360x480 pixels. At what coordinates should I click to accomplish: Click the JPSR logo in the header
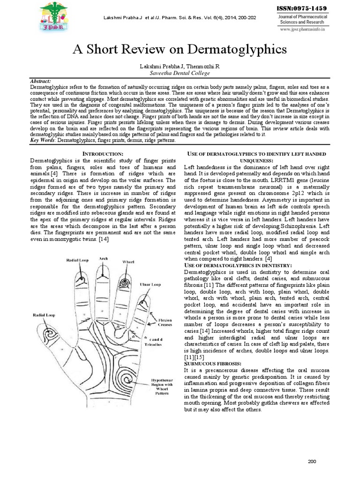coord(52,17)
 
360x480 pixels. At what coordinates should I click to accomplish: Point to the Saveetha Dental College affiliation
coord(180,73)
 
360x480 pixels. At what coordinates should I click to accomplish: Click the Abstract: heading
coord(40,81)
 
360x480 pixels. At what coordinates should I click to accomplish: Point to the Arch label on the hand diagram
coord(104,259)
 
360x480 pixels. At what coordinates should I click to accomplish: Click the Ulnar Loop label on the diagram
coord(150,285)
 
